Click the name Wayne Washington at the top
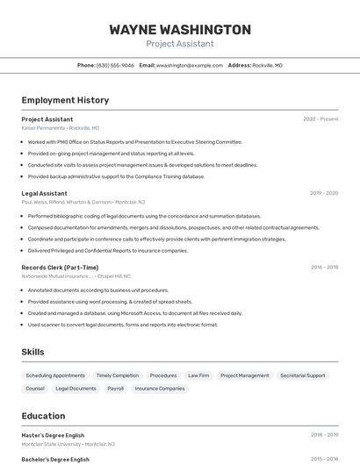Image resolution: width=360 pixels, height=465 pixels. tap(180, 30)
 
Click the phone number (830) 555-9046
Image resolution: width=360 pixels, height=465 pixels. tap(115, 65)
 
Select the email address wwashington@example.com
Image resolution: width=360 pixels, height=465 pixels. tap(190, 65)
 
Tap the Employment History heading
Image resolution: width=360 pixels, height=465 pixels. tap(65, 100)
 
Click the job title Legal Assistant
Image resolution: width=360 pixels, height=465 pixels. tap(44, 193)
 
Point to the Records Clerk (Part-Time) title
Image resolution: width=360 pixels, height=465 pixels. tap(60, 268)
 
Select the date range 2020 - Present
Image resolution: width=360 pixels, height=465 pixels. tap(320, 119)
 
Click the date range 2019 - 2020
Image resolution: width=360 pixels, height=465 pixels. tap(324, 193)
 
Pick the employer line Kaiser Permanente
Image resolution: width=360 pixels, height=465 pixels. tap(43, 128)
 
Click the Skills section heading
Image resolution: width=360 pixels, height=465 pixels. tap(32, 352)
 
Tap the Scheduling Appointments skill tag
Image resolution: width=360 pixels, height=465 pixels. tap(55, 376)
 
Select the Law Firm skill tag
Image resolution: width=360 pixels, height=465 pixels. tap(198, 376)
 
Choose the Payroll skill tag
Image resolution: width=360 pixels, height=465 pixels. tap(115, 388)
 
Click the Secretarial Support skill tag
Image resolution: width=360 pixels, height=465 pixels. tap(302, 376)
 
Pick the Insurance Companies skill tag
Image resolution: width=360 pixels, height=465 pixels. tap(160, 388)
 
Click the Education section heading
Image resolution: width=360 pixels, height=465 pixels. tap(43, 416)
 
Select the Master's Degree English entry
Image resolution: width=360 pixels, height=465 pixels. tap(53, 434)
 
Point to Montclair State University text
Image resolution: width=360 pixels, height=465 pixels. tap(52, 444)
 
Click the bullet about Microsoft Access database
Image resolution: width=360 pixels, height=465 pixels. tap(134, 313)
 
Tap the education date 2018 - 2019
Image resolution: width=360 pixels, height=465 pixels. tap(324, 434)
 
